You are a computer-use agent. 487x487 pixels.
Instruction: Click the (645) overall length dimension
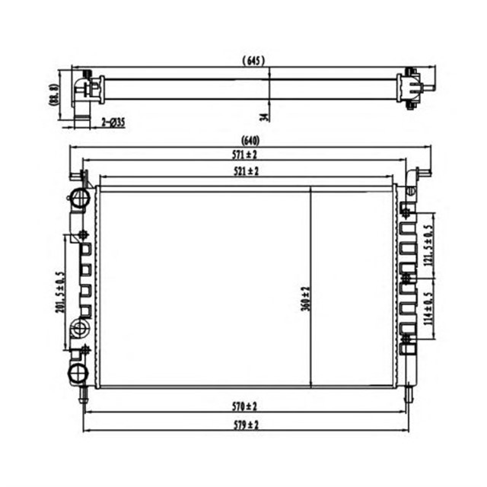point(253,60)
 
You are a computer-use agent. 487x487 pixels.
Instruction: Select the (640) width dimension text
point(249,139)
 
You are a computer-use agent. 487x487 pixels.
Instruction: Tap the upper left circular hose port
point(78,200)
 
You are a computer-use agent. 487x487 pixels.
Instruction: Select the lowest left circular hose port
point(78,374)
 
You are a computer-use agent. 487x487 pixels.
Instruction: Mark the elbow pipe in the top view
point(81,95)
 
